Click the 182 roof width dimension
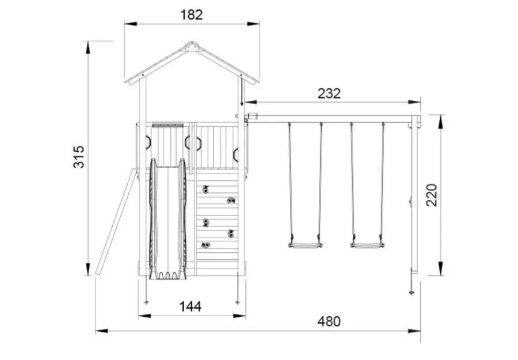(191, 15)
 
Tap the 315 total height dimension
(79, 157)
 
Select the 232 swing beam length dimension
(329, 93)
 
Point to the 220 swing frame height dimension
(432, 195)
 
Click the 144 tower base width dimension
(191, 307)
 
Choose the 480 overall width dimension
(329, 321)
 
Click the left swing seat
(305, 245)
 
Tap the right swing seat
(367, 245)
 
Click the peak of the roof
(192, 42)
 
